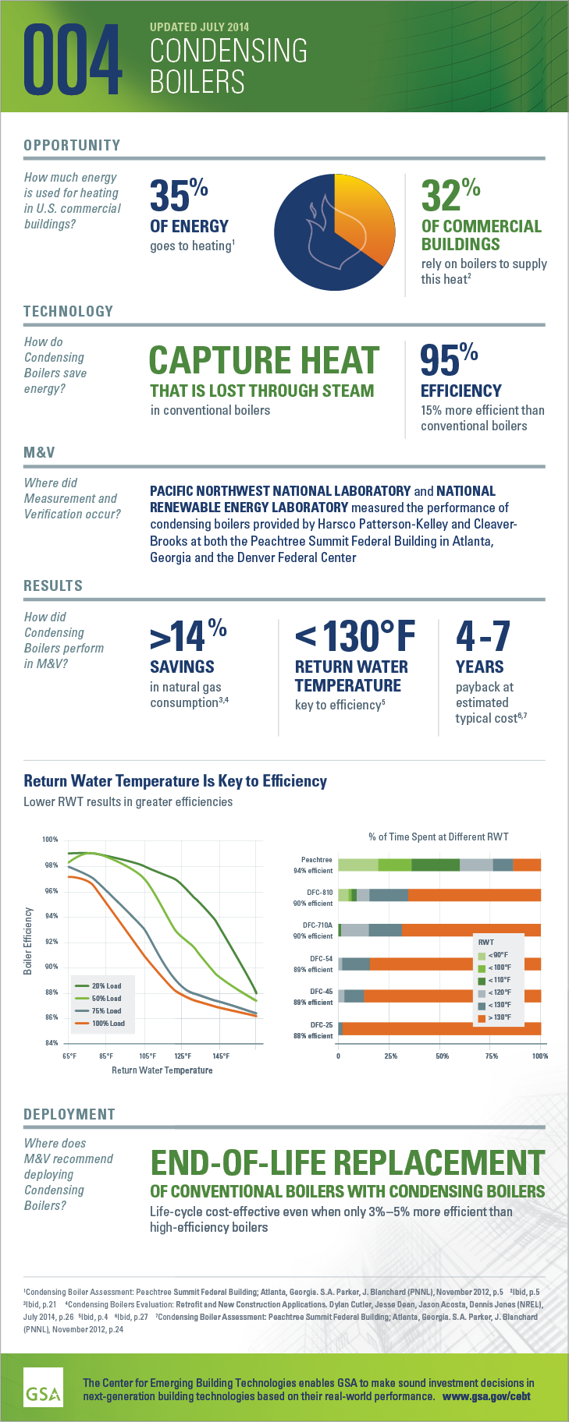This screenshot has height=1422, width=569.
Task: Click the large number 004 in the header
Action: (73, 59)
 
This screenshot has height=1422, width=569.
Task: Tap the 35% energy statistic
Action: (179, 195)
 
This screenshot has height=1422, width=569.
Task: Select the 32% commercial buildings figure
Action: (450, 195)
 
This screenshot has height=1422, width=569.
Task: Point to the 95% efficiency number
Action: (449, 359)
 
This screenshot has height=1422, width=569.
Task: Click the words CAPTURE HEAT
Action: (264, 361)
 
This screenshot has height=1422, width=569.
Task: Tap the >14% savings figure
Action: (187, 636)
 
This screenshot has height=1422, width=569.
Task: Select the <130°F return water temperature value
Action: (355, 636)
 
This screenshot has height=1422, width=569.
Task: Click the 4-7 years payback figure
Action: (482, 636)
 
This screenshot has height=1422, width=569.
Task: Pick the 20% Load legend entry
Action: (106, 986)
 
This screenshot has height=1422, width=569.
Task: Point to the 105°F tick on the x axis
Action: (147, 1056)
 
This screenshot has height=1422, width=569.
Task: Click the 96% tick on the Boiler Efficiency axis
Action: (52, 891)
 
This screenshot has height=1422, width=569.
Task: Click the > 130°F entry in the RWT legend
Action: (500, 1017)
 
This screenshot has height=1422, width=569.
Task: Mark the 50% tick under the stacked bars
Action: (442, 1056)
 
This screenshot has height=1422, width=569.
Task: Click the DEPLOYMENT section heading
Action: (69, 1114)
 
